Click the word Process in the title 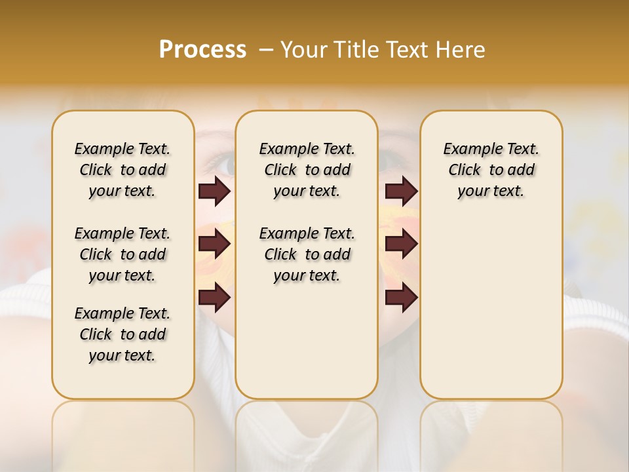202,49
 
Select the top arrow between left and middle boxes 214,191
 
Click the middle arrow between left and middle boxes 214,244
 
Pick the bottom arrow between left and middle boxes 214,298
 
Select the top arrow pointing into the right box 401,191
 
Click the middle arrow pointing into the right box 401,244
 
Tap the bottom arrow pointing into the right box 401,298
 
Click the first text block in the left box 123,170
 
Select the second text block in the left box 123,254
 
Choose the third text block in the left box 123,334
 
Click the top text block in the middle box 307,170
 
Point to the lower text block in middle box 307,254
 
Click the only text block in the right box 491,170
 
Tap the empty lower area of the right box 491,308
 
